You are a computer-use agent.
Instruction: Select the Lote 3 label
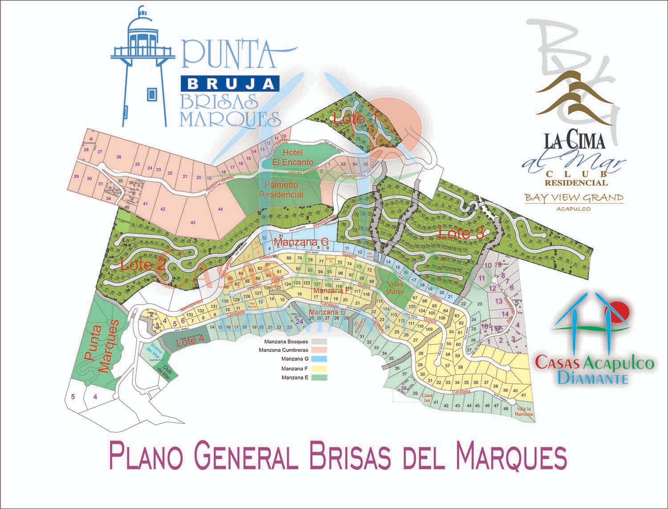point(461,233)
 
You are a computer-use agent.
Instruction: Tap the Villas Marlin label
point(395,288)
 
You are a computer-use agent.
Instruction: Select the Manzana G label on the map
point(301,242)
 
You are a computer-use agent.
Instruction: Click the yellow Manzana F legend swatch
point(319,369)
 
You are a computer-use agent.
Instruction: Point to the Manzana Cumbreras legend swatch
point(319,350)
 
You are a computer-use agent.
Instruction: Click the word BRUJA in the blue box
point(230,83)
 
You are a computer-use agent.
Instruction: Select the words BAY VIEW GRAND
point(574,197)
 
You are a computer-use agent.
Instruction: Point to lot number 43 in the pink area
point(193,222)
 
